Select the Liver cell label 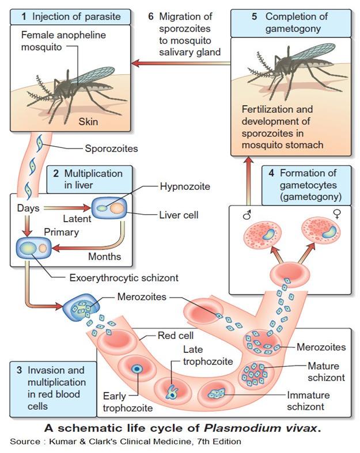click(x=179, y=215)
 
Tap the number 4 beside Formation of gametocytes click(x=270, y=173)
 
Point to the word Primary click(x=62, y=233)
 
